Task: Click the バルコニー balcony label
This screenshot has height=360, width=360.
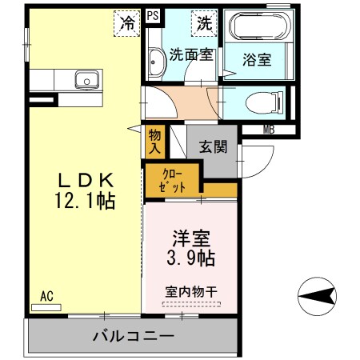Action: coord(133,337)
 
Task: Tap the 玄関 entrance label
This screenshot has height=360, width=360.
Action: coord(213,146)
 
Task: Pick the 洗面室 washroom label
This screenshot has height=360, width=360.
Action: coord(190,55)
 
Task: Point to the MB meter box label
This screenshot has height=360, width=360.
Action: coord(271,129)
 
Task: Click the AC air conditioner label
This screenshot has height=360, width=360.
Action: coord(46,296)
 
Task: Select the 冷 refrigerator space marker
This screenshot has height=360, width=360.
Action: coord(126,22)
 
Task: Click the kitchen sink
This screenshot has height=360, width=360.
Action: coord(84,80)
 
